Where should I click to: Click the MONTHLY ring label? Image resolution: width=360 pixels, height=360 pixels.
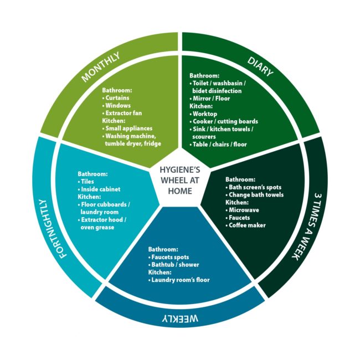tap(109, 65)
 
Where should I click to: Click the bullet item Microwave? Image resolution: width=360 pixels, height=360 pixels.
tap(244, 210)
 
